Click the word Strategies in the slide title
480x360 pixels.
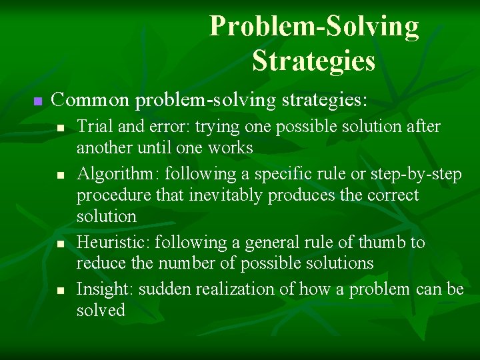point(313,61)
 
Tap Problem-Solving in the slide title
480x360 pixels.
point(314,27)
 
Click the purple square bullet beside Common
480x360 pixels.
point(37,101)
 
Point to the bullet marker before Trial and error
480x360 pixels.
point(60,127)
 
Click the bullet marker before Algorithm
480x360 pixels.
point(60,175)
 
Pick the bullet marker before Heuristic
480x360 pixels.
point(60,243)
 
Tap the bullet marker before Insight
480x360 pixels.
point(60,291)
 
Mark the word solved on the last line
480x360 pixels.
point(101,311)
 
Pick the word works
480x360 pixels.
point(230,147)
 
